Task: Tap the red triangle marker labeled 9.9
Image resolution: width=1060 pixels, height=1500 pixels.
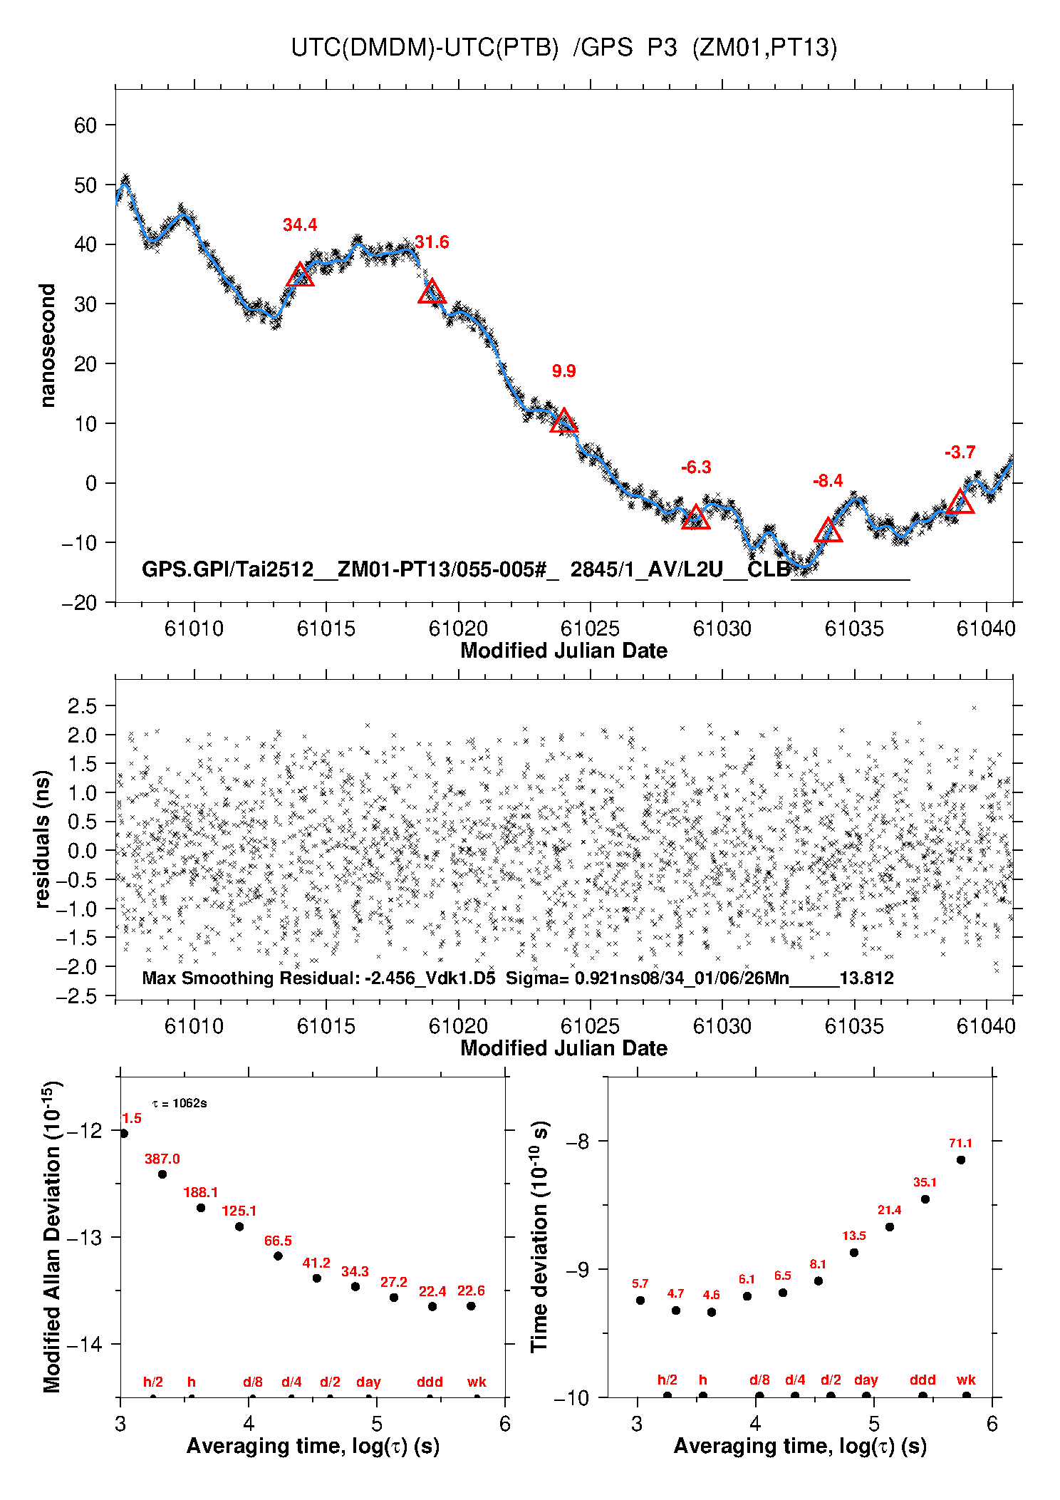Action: tap(563, 422)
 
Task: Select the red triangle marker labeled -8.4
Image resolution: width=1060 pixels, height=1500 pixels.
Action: tap(828, 531)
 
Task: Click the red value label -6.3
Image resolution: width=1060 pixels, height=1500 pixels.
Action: tap(696, 467)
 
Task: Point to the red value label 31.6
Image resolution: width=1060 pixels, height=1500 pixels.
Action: tap(432, 242)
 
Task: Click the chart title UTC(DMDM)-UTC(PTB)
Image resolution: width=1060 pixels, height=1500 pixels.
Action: tap(425, 48)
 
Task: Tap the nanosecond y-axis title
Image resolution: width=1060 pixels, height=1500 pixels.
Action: tap(47, 346)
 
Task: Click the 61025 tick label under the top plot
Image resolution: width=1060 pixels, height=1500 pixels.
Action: tap(590, 629)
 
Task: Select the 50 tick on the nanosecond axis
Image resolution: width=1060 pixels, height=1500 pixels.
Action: tap(85, 185)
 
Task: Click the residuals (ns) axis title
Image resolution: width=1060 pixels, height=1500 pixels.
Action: tap(43, 839)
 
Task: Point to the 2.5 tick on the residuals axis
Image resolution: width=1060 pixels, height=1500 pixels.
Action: tap(82, 706)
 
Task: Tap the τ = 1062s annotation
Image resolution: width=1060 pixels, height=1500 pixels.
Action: tap(180, 1104)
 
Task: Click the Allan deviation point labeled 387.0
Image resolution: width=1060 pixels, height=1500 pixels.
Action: tap(162, 1174)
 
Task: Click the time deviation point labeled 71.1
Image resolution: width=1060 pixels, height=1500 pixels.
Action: tap(961, 1160)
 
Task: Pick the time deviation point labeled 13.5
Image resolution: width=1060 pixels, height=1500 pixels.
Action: tap(854, 1253)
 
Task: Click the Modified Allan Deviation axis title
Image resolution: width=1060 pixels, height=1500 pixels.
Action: tap(51, 1236)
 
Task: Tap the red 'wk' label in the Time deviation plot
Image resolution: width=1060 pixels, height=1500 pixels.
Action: tap(966, 1380)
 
